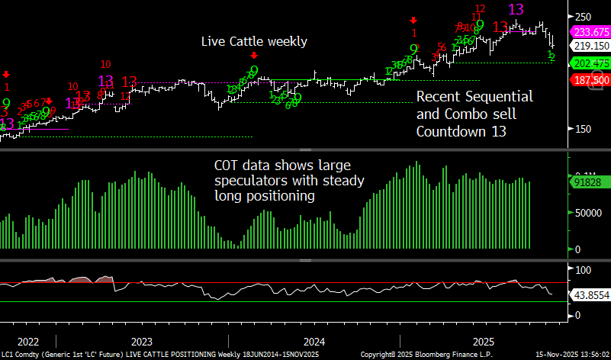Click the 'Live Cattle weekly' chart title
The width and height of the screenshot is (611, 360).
click(254, 41)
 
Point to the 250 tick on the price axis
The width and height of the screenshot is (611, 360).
click(584, 17)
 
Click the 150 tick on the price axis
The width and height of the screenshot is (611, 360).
click(584, 128)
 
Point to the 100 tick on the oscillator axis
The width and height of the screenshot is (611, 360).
click(584, 269)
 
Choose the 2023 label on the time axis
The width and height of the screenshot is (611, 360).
click(142, 342)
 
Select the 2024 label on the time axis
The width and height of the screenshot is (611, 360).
click(314, 342)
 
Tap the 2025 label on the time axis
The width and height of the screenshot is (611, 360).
click(485, 342)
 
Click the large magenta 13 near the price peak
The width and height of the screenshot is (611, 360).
click(516, 10)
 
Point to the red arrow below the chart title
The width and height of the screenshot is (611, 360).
click(254, 56)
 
